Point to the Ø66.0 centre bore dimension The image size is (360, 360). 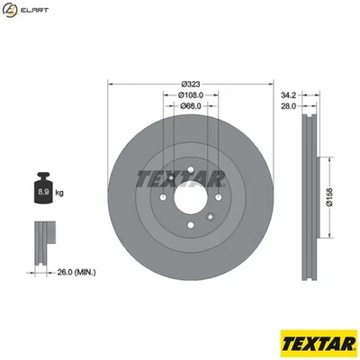[x=188, y=106]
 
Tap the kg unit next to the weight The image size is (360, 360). [x=60, y=192]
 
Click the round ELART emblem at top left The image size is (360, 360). [x=12, y=10]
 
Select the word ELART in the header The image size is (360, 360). [x=35, y=10]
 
